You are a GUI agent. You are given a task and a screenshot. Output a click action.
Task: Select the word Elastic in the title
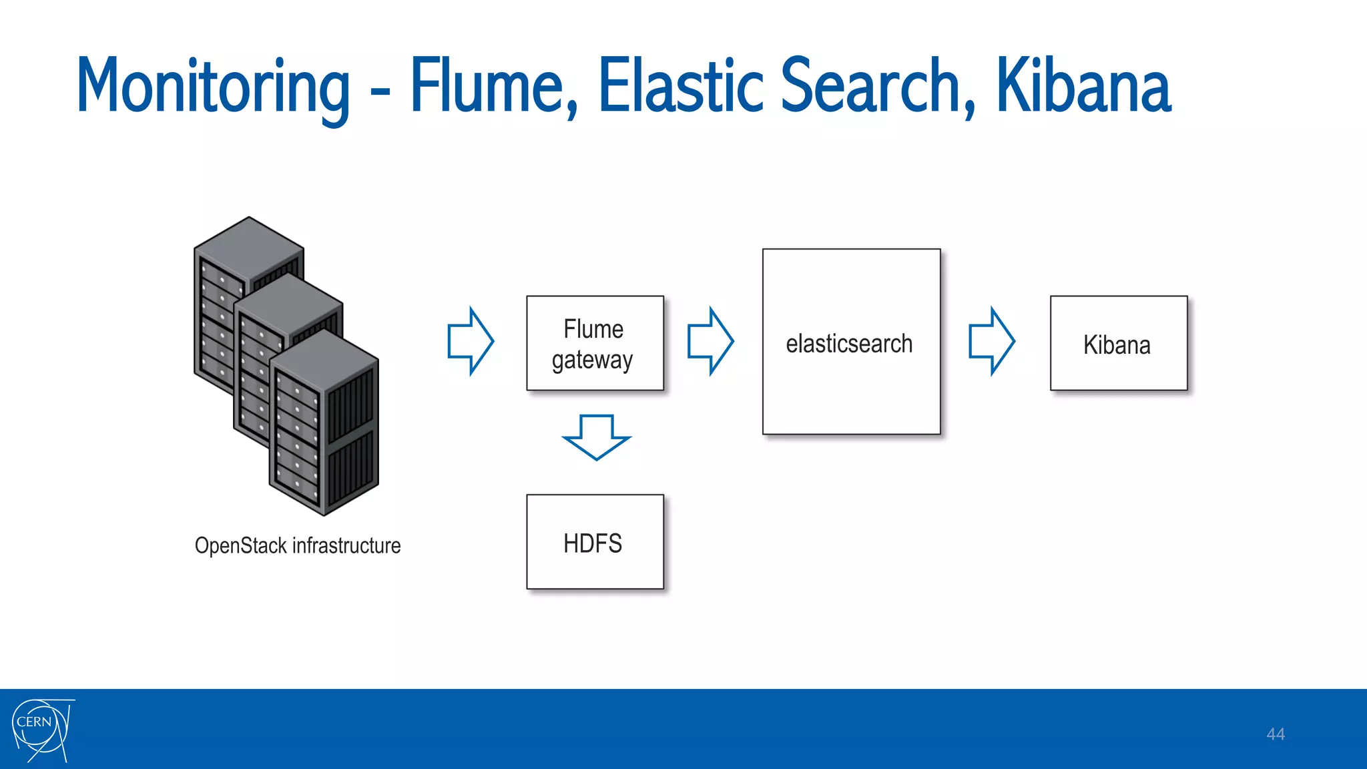[681, 87]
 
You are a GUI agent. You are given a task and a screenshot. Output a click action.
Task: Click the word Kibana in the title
[1083, 87]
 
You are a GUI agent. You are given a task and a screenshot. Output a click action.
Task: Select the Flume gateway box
[595, 343]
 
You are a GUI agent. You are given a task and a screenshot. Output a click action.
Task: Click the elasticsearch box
[851, 342]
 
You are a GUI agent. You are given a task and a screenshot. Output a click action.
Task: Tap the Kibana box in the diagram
[1119, 343]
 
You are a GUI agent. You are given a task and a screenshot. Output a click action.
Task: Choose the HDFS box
[595, 541]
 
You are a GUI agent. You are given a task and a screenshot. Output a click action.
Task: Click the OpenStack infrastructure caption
[298, 545]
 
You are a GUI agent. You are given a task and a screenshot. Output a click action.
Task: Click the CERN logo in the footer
[41, 730]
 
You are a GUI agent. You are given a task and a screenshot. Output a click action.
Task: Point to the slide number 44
[1275, 734]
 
